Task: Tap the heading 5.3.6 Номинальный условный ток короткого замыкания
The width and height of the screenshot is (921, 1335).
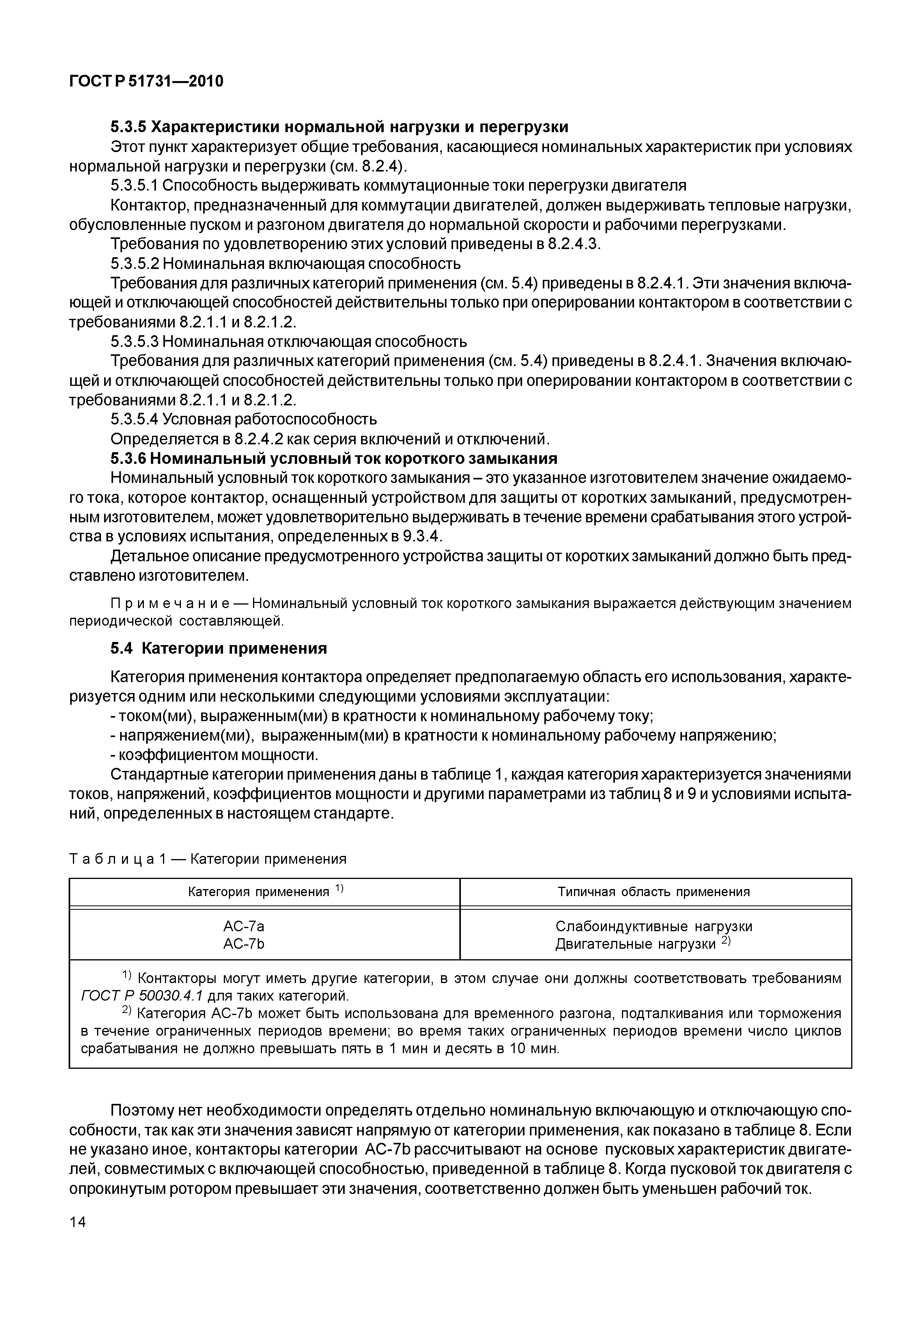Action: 333,459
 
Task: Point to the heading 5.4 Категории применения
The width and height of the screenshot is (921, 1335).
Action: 219,649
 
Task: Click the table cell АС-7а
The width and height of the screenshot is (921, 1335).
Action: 244,927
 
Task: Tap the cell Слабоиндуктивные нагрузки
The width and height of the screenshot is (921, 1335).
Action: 654,927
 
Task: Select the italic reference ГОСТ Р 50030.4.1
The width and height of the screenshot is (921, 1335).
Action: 142,996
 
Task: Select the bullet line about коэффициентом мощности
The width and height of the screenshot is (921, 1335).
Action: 214,755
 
